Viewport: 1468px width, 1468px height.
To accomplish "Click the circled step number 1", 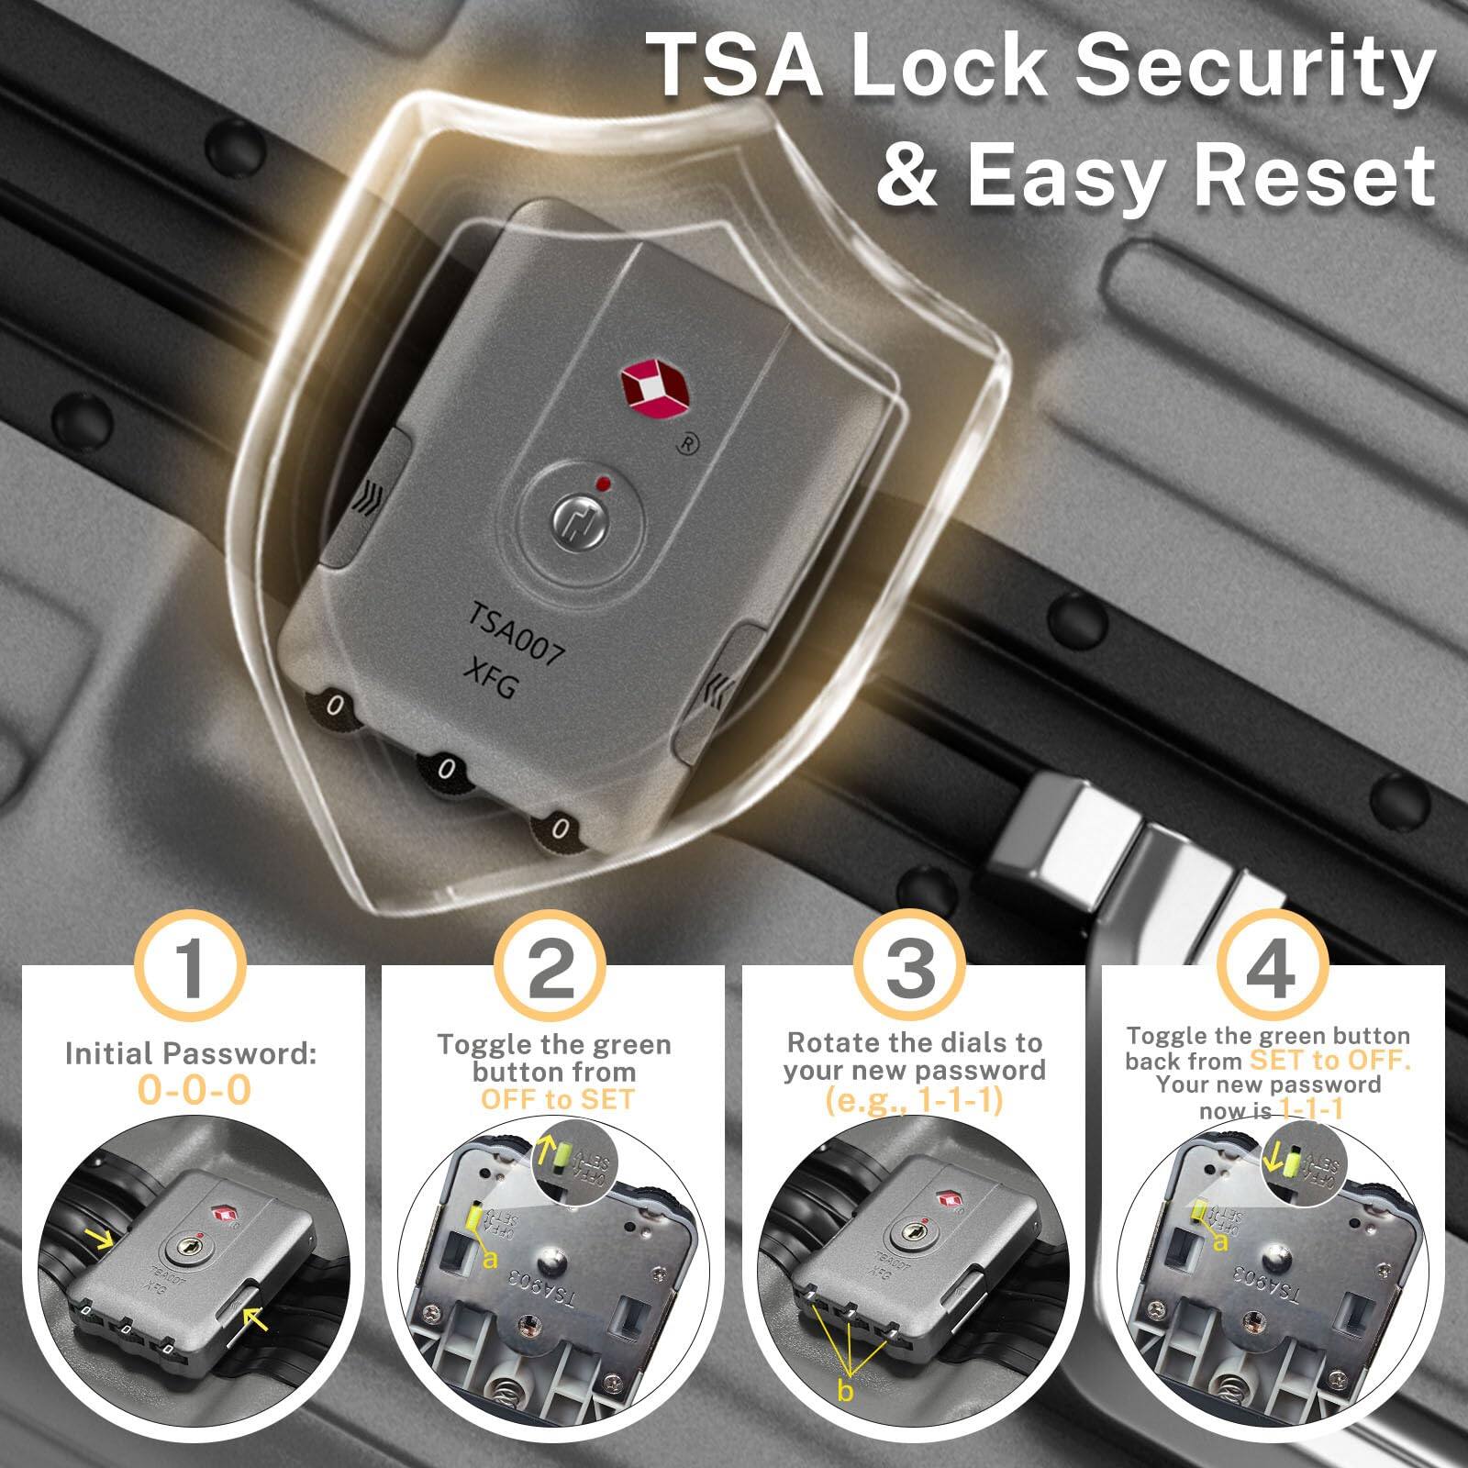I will (x=190, y=969).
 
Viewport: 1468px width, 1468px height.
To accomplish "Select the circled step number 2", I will (x=551, y=969).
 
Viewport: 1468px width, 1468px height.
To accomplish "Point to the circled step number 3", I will (x=911, y=969).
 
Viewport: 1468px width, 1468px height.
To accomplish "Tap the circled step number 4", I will (x=1271, y=969).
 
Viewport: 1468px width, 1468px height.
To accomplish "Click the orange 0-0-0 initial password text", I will (x=194, y=1091).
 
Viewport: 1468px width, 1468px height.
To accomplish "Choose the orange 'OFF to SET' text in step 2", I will (x=557, y=1099).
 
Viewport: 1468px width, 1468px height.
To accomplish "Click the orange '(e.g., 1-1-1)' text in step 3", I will (x=914, y=1100).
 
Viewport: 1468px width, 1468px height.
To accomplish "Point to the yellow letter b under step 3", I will (x=846, y=1391).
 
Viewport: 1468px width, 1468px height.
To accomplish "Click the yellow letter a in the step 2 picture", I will (x=489, y=1259).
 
